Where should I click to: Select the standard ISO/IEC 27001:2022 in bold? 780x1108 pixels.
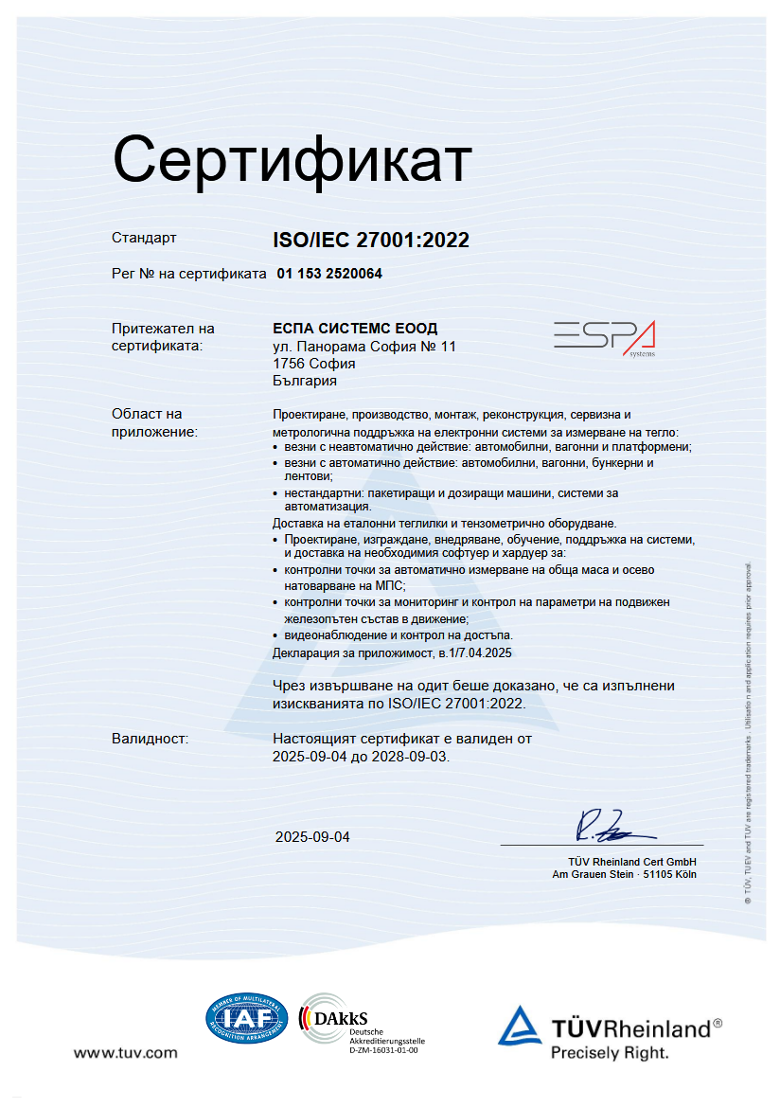[371, 241]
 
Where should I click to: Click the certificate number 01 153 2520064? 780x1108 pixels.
[329, 274]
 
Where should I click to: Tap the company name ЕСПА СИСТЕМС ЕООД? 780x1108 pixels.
[355, 329]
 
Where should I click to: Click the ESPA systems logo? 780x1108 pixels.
[604, 338]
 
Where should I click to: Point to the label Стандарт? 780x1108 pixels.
[144, 239]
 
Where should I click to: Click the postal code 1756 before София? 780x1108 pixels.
[288, 364]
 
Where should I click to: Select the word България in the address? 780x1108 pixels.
[305, 381]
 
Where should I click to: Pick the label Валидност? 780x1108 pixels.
[151, 738]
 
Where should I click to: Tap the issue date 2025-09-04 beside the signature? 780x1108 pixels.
[312, 837]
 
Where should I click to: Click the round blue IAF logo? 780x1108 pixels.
[246, 1019]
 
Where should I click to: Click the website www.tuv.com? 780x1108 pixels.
[126, 1053]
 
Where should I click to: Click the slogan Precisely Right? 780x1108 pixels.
[610, 1052]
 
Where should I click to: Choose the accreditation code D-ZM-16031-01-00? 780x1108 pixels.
[383, 1050]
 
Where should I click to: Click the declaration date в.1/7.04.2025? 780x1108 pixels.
[474, 652]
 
